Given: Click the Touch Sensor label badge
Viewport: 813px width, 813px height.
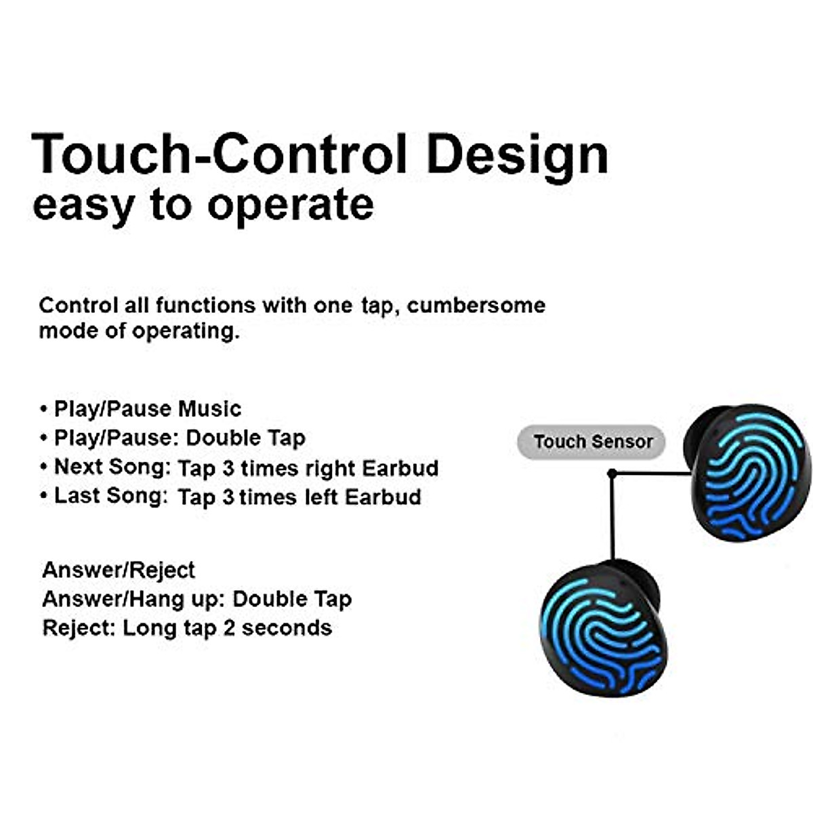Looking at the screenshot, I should (x=591, y=442).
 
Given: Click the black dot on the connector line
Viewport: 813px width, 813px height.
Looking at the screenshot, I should (x=612, y=473).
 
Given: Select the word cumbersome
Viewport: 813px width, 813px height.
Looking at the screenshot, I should (x=476, y=306).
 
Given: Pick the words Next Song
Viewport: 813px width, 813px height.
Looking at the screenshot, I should (x=112, y=467).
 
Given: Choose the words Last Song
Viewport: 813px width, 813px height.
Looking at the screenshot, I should (x=110, y=496).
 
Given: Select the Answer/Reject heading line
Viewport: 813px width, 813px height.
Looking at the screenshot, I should (x=119, y=570).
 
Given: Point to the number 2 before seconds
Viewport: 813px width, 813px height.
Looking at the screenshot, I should (x=229, y=628).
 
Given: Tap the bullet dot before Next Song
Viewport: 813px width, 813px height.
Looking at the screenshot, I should (x=44, y=467).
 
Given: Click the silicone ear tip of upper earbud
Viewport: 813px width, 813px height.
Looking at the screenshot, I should (x=705, y=427).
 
